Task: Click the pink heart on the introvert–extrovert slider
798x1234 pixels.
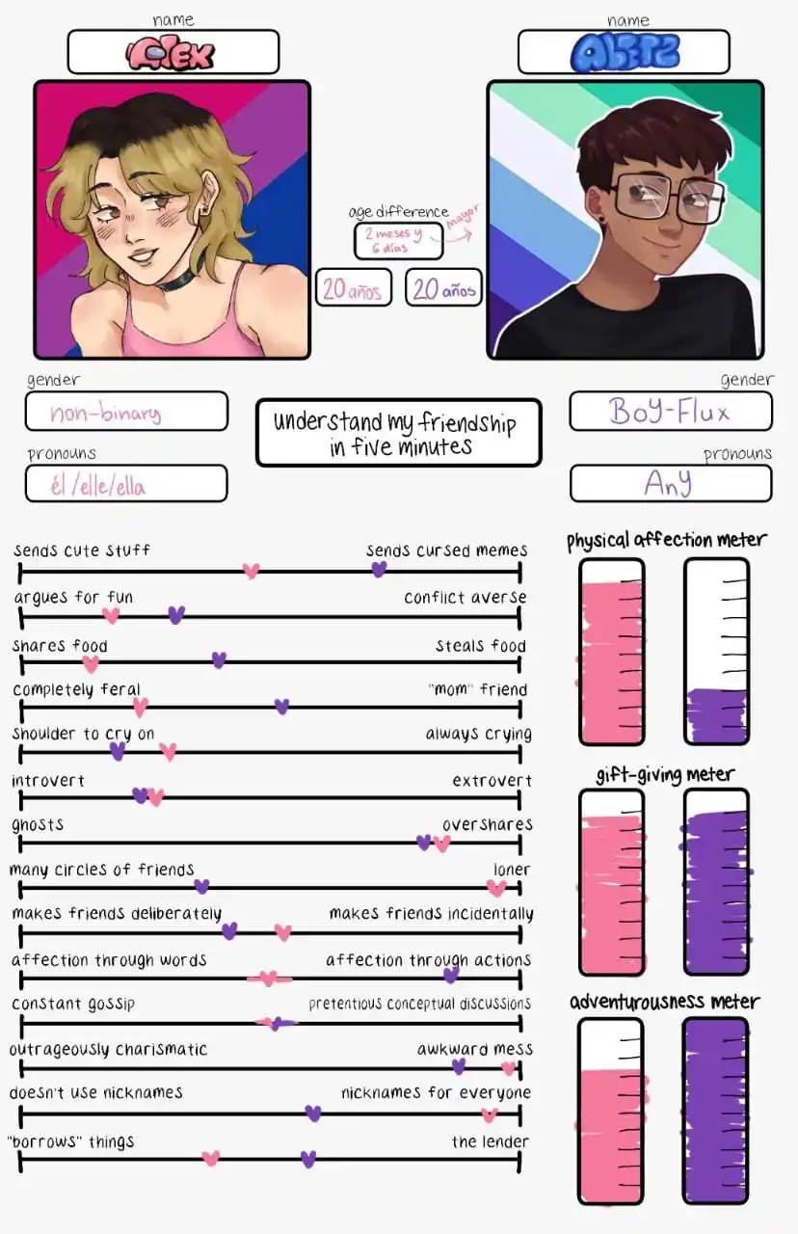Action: (x=156, y=797)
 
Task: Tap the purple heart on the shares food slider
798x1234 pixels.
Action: (x=219, y=660)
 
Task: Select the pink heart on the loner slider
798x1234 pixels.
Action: (x=496, y=888)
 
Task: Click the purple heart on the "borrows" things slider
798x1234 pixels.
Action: (x=308, y=1159)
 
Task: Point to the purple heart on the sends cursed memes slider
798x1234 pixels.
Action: (x=379, y=570)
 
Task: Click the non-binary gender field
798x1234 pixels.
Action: (x=126, y=413)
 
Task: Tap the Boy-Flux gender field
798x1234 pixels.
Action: (x=670, y=412)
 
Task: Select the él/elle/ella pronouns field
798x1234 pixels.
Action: (x=126, y=484)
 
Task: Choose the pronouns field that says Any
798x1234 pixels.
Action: (x=670, y=483)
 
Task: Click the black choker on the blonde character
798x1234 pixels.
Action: (x=177, y=281)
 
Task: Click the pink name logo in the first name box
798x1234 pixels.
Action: (x=173, y=54)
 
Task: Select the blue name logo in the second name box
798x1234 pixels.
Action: (x=624, y=53)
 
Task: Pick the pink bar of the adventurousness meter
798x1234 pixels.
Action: (x=611, y=1133)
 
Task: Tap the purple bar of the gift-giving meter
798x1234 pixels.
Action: (x=716, y=892)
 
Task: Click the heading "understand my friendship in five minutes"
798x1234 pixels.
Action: (x=398, y=434)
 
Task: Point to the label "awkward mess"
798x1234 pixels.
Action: (x=474, y=1049)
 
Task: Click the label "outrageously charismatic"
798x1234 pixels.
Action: (x=109, y=1049)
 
